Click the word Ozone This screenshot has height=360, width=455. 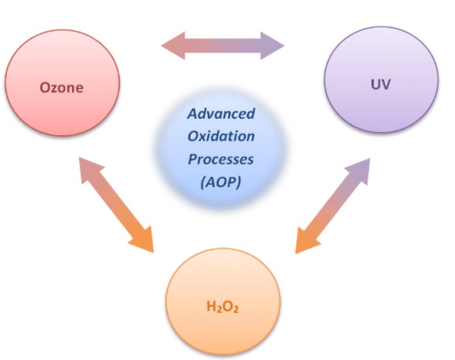[x=61, y=88]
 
